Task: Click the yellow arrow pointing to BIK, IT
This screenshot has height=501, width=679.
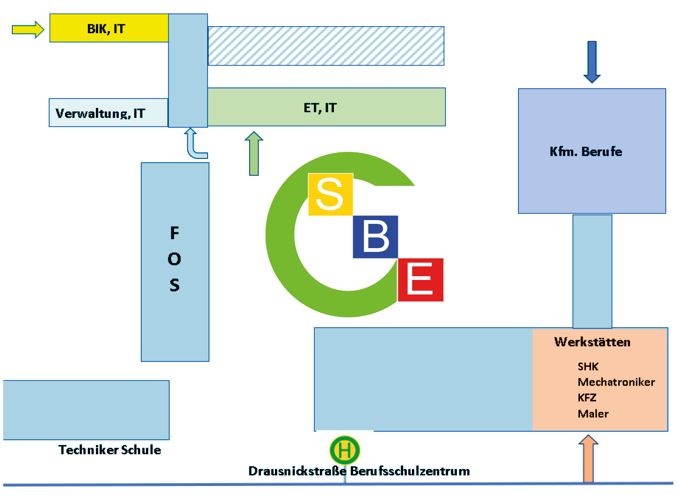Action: [28, 29]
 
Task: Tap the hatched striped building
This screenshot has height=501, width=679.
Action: [325, 46]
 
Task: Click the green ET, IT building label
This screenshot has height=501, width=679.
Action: [320, 108]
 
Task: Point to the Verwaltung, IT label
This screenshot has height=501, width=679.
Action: [100, 114]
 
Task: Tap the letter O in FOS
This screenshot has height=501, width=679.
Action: [174, 259]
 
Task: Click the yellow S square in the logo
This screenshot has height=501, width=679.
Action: [330, 194]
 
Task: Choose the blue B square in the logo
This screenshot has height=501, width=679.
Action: [375, 237]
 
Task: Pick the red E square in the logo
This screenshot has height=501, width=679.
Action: [420, 279]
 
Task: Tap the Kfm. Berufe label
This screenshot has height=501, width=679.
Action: [585, 151]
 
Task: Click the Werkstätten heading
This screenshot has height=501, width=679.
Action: [592, 342]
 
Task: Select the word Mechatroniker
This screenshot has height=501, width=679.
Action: [616, 382]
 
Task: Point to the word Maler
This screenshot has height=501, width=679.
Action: [593, 414]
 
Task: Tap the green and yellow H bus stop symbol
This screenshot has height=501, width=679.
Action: [345, 450]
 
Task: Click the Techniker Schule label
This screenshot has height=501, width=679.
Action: [109, 450]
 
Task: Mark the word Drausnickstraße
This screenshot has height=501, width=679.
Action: [297, 471]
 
